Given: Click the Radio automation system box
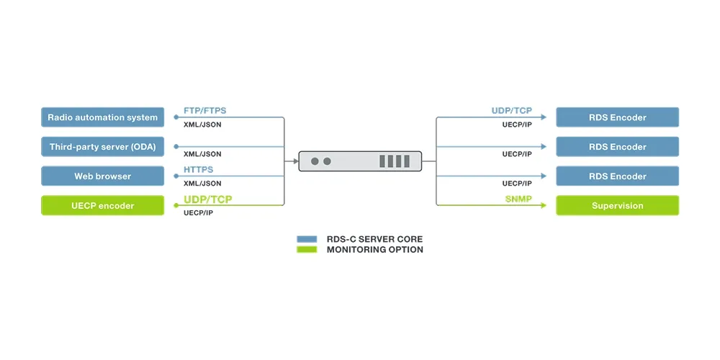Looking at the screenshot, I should coord(102,117).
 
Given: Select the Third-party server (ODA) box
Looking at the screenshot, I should coord(102,147).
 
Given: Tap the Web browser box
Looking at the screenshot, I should coord(102,176).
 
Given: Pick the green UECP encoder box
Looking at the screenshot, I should coord(102,206).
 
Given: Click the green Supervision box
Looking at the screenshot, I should coord(617,206).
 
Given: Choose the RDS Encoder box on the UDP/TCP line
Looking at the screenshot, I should coord(617,117).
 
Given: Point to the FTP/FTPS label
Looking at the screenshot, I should coord(204,111).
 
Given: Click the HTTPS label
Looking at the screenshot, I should coord(199,170).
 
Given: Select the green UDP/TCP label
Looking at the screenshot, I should coord(208,199).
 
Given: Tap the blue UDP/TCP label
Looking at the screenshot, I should coord(511,111).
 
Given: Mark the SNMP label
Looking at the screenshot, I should coord(518,199).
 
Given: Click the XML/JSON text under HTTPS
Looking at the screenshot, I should coord(202,184).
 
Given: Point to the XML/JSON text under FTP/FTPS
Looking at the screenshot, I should coord(202,125).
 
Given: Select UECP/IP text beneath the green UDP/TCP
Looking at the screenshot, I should coord(198,213).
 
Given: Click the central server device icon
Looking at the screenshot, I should coord(360,161).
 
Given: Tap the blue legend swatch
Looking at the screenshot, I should coord(307,238).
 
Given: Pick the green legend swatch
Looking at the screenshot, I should coord(307,249).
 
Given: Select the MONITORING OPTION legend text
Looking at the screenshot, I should coord(374,249).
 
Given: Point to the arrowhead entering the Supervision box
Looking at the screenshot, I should coord(551,206).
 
